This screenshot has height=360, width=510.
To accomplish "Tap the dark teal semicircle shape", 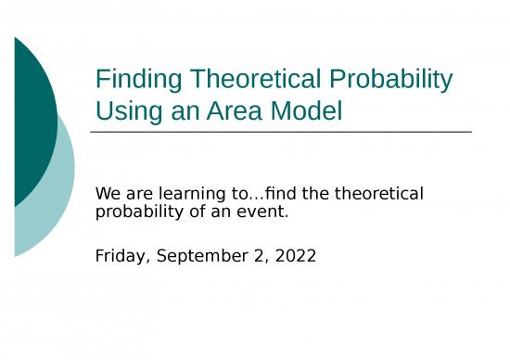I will (32, 121).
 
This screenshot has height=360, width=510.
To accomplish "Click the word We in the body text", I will (108, 195).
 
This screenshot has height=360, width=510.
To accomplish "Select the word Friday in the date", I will (119, 255).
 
